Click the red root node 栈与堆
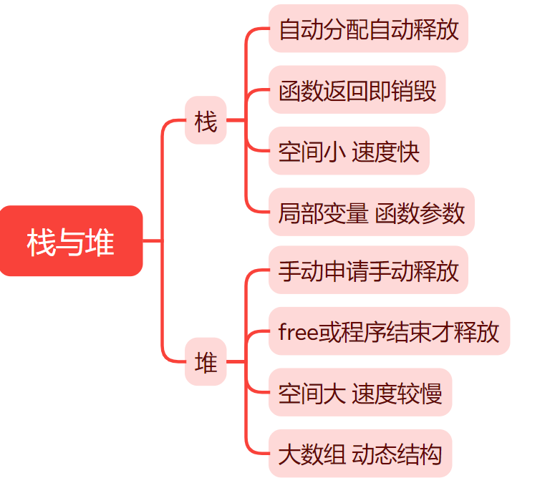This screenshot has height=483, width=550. click(71, 241)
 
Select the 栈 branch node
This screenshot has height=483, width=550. click(206, 121)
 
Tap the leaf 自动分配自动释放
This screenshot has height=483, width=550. click(368, 29)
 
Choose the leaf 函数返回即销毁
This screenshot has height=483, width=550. click(357, 90)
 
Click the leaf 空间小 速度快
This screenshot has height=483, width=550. click(349, 151)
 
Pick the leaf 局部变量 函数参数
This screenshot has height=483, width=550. click(371, 213)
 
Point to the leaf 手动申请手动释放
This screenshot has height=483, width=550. click(368, 270)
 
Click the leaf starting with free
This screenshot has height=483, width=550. click(389, 331)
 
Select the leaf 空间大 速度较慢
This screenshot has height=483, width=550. click(360, 392)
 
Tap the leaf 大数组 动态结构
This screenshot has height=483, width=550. click(360, 454)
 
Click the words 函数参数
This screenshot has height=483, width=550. click(420, 213)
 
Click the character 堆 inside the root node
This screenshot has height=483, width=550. click(100, 242)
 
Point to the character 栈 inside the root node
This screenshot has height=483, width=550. click(42, 242)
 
